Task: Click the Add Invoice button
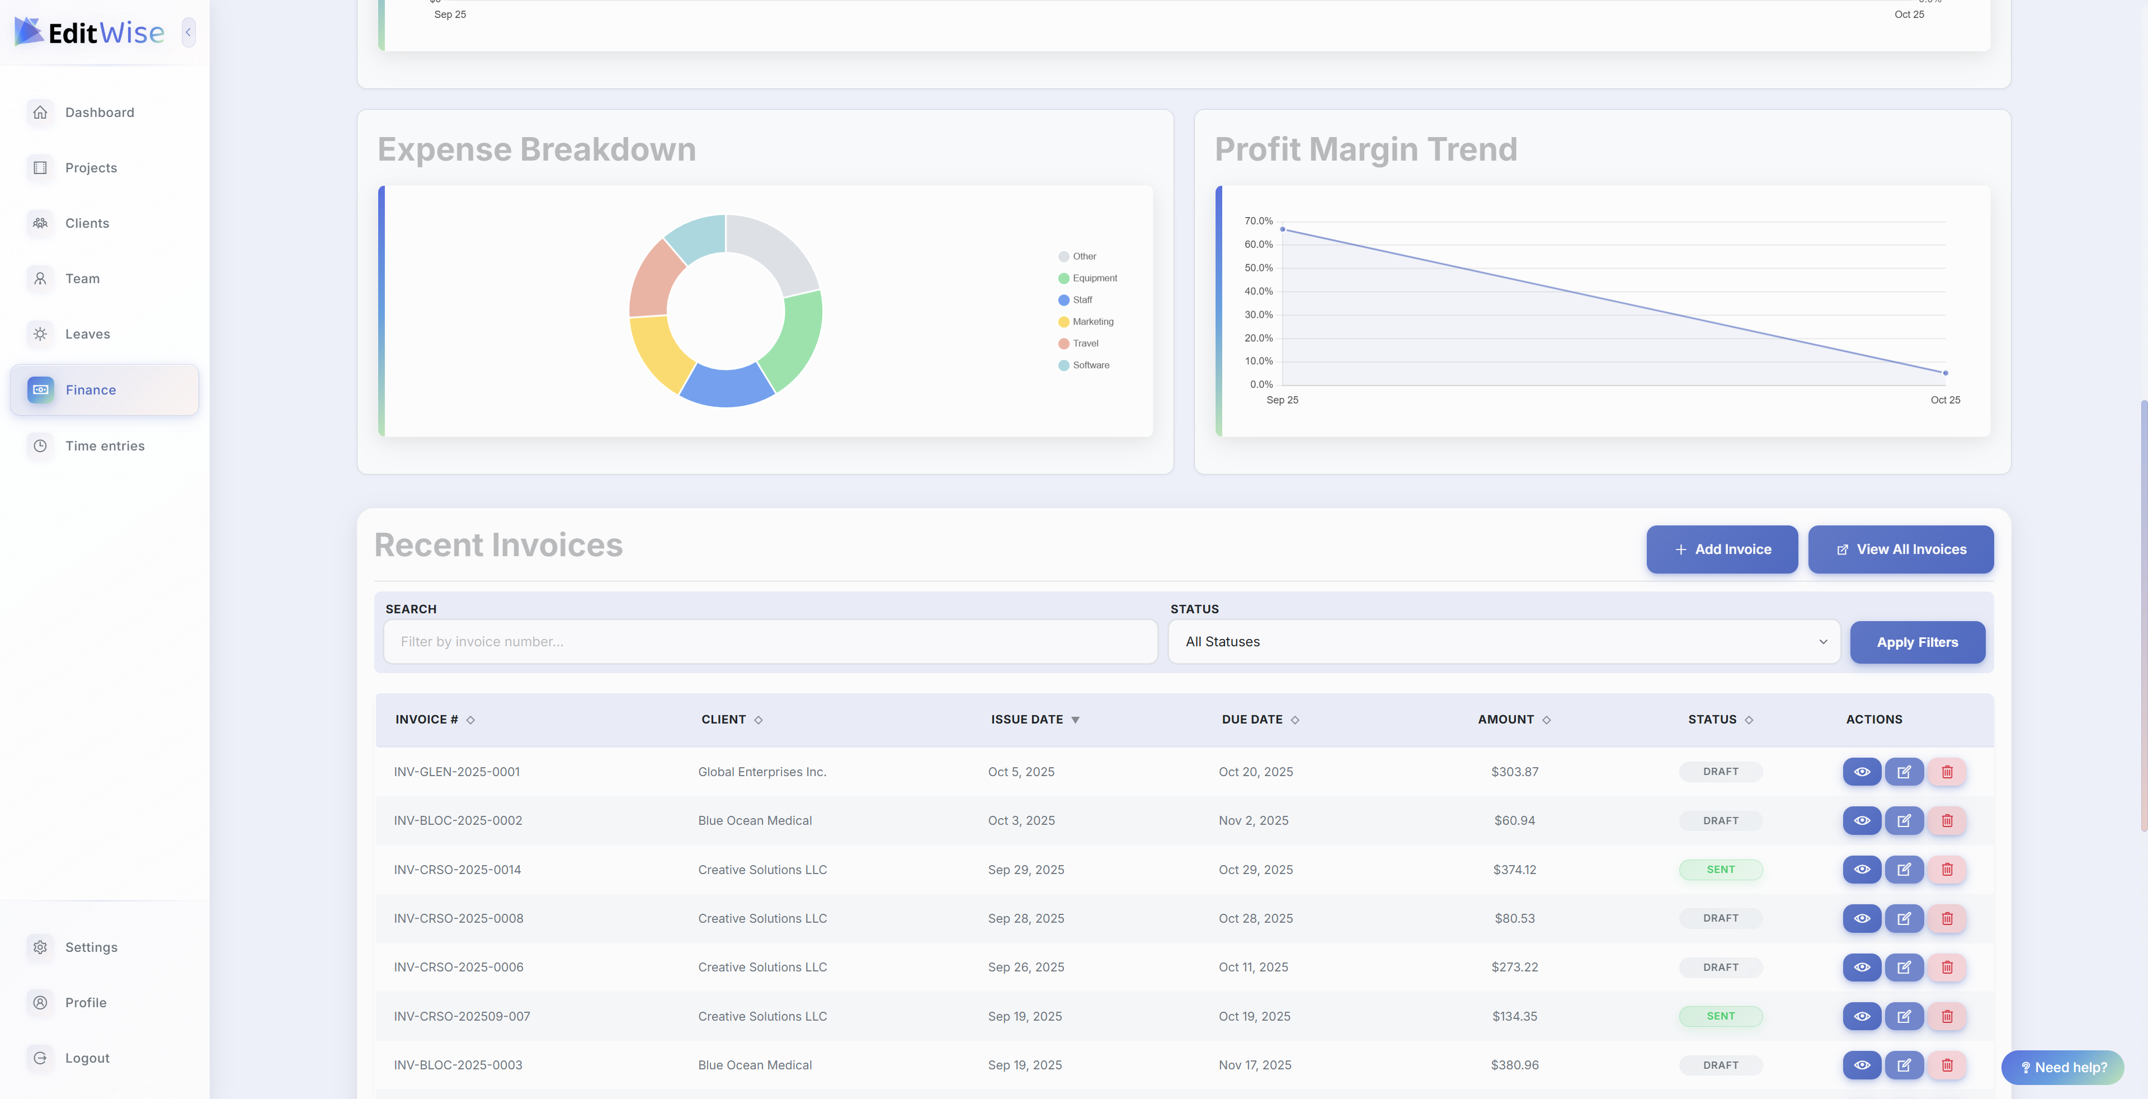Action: [x=1722, y=549]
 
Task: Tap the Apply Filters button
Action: [x=1917, y=642]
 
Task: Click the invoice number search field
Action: [x=770, y=641]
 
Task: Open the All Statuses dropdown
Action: [x=1504, y=641]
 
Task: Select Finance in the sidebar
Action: [x=104, y=389]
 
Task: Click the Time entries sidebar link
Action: [x=104, y=446]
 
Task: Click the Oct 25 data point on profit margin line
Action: [x=1946, y=373]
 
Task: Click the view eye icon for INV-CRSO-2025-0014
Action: [x=1861, y=870]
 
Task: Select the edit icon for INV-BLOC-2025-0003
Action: [x=1904, y=1065]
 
